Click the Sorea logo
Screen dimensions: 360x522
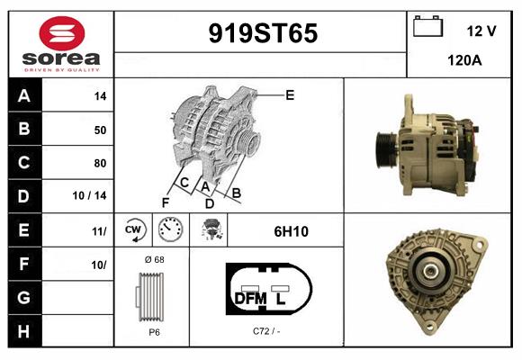tap(61, 44)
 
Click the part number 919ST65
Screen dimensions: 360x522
tap(263, 34)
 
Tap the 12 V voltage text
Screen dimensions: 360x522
tap(481, 31)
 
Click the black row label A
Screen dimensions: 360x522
tap(23, 96)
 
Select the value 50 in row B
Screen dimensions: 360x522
tap(100, 130)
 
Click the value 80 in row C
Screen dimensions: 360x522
tap(100, 163)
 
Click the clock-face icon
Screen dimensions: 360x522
tap(170, 230)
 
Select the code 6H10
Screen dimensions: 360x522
tap(291, 231)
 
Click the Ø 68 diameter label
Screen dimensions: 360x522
tap(153, 260)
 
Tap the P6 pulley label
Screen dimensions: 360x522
tap(154, 331)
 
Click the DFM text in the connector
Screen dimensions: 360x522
tap(250, 297)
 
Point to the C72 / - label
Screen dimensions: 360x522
tap(265, 331)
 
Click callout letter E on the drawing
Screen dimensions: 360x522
tap(290, 94)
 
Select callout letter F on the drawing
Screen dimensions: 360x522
tap(166, 202)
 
